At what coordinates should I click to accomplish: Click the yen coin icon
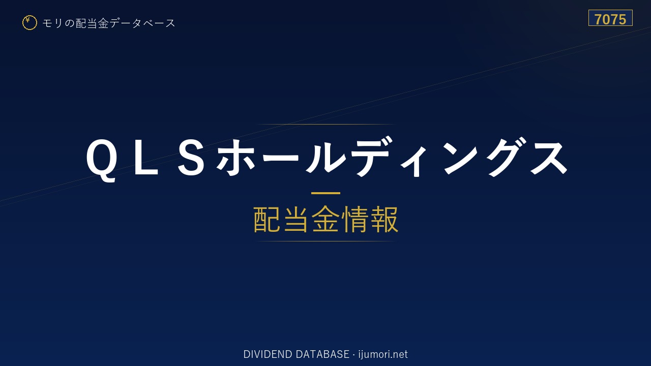29,23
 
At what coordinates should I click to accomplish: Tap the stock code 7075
610,19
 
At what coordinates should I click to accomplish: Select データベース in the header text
142,23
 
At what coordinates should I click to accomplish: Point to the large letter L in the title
146,158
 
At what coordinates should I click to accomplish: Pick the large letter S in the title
191,158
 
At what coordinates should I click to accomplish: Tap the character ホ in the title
236,158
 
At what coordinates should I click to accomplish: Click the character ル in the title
326,158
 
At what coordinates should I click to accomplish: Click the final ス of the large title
549,158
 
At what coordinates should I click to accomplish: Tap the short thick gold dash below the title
325,193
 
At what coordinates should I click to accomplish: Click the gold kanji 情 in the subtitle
355,219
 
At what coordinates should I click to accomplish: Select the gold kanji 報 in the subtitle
384,219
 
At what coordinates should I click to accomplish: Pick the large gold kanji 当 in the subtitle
296,219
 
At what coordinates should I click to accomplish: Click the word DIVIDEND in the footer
268,354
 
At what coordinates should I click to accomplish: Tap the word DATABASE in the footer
322,354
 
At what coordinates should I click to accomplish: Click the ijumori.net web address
383,354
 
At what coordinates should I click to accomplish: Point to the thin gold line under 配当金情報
325,241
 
